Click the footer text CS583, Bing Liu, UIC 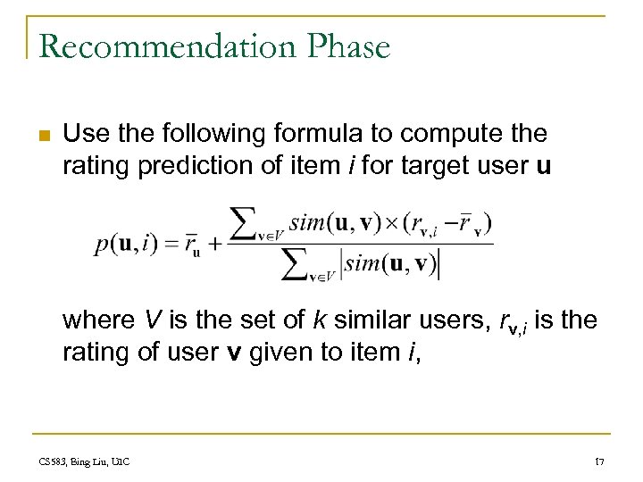[85, 460]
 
